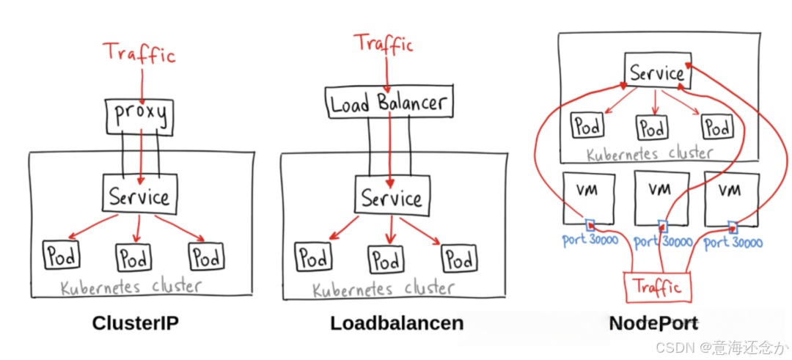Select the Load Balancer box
tap(389, 102)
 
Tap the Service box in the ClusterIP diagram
tap(139, 196)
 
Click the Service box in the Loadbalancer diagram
tap(391, 198)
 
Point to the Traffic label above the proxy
tap(139, 54)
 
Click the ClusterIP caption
tap(136, 323)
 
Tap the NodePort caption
tap(653, 323)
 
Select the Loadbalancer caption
tap(397, 323)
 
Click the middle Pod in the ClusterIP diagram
tap(134, 257)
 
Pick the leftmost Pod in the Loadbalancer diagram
tap(312, 258)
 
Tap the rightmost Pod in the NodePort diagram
tap(716, 126)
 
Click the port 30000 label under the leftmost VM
tap(590, 240)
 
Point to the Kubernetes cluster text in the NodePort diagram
tap(650, 153)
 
